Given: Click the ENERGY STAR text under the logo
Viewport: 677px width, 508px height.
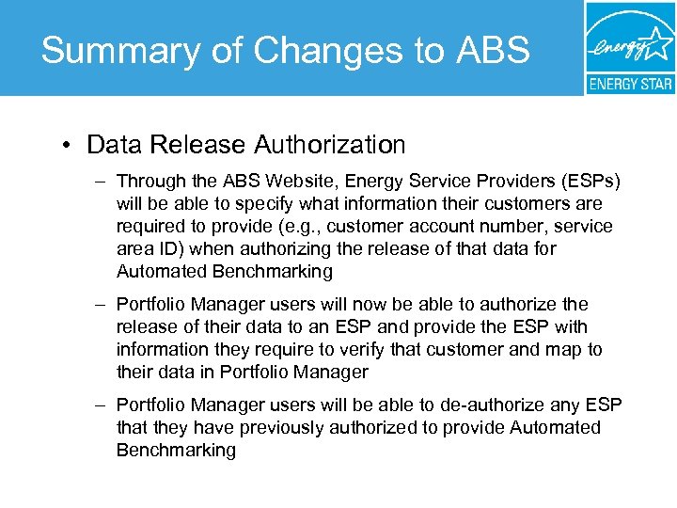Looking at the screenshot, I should coord(630,84).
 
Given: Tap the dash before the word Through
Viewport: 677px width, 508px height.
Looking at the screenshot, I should coord(100,181).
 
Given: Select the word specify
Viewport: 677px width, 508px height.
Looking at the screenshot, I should coord(252,203).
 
